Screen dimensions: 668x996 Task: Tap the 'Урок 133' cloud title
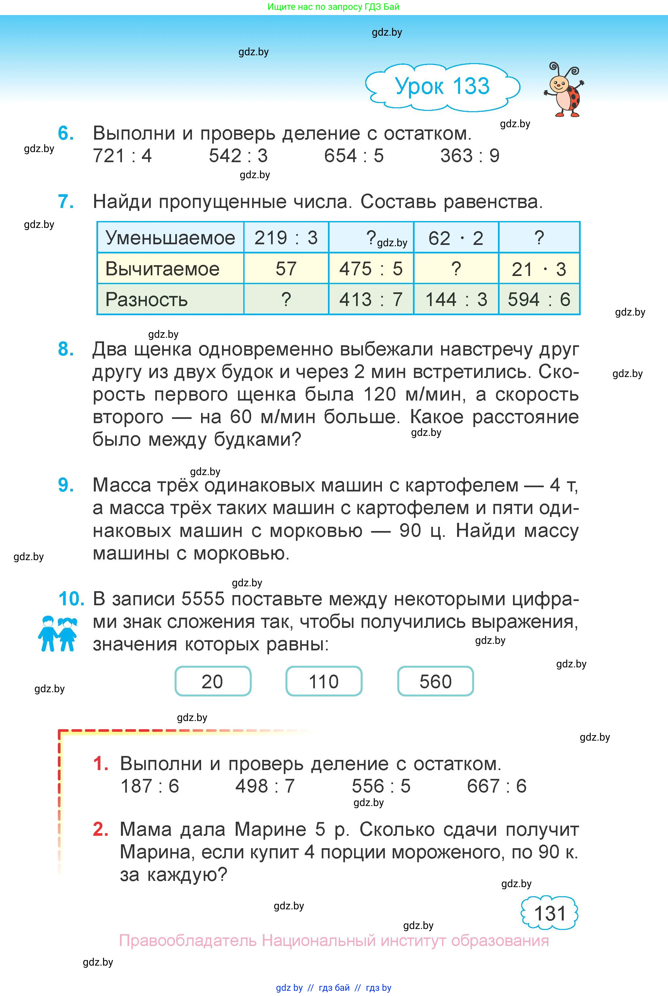pos(442,86)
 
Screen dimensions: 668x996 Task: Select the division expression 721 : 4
pos(122,156)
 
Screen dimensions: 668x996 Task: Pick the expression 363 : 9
pos(470,156)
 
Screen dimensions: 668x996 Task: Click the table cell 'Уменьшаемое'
pos(170,238)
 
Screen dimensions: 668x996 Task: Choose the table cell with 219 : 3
pos(286,238)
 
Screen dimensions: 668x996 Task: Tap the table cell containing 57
pos(286,269)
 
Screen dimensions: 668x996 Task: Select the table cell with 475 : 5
pos(371,269)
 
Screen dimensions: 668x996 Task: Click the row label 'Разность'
pos(146,300)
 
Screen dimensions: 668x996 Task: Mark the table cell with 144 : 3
pos(456,300)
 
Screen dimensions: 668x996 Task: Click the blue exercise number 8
pos(66,349)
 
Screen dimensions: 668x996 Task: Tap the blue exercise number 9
pos(66,485)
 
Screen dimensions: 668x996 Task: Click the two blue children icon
pos(58,633)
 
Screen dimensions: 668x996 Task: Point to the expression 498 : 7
pos(265,786)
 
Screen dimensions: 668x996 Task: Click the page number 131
pos(550,913)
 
